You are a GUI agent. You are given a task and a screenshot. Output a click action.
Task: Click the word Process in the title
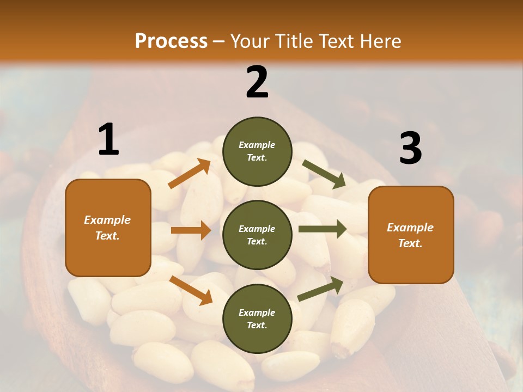click(x=171, y=41)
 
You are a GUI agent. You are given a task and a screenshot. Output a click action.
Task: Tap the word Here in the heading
click(x=380, y=41)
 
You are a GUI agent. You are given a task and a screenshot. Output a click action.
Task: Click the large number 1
click(x=108, y=139)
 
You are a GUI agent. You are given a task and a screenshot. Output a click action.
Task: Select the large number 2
click(x=257, y=82)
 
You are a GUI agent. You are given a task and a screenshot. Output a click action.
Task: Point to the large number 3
click(x=410, y=148)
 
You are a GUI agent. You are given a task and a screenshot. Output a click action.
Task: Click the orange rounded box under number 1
click(x=108, y=228)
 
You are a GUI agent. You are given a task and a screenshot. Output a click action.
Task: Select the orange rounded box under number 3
click(x=411, y=235)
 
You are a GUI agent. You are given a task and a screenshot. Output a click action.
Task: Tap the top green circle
click(x=257, y=151)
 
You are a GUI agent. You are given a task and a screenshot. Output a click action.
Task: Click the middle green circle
click(x=257, y=235)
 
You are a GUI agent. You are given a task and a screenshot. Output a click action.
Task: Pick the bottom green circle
click(x=257, y=318)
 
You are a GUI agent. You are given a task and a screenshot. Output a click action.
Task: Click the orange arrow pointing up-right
click(x=190, y=174)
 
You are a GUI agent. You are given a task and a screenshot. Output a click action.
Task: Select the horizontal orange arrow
click(x=191, y=230)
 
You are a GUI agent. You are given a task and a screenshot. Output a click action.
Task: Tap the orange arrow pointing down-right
click(x=191, y=290)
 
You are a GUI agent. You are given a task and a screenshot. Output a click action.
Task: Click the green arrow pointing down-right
click(x=324, y=174)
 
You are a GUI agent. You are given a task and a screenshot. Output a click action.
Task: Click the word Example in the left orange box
click(x=107, y=220)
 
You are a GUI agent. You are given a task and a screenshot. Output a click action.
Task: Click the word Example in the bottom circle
click(x=257, y=313)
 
